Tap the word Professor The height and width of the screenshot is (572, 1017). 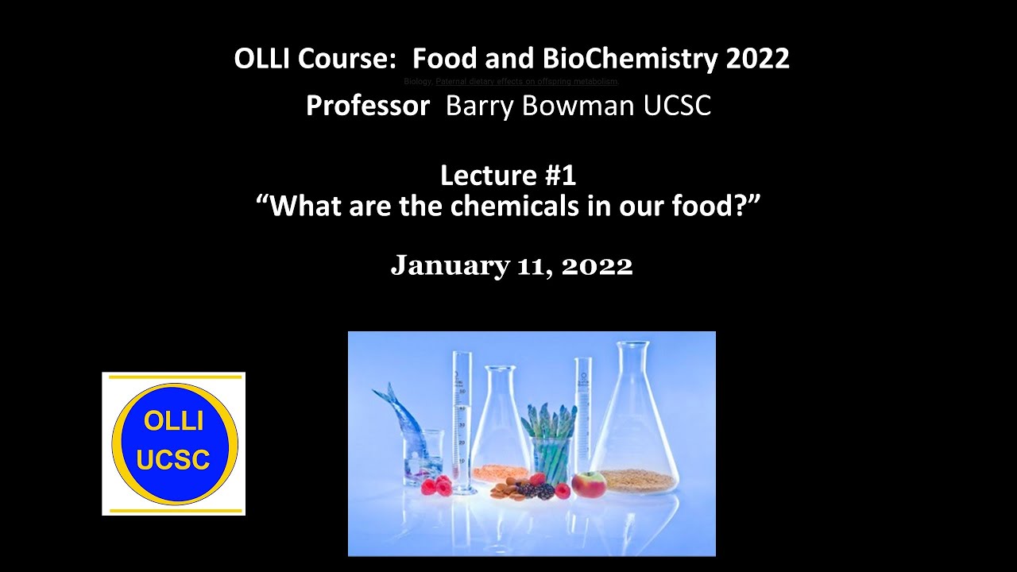[368, 106]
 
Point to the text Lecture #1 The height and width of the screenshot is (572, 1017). [508, 175]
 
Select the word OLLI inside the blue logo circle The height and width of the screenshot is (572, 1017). [173, 421]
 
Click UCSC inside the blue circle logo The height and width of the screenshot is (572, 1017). [173, 460]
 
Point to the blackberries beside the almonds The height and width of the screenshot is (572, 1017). [544, 491]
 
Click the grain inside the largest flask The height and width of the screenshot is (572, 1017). [639, 479]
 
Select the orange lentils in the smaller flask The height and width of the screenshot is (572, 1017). [500, 473]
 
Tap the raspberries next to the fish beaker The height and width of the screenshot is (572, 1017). [435, 485]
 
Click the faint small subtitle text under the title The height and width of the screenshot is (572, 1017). [511, 82]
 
